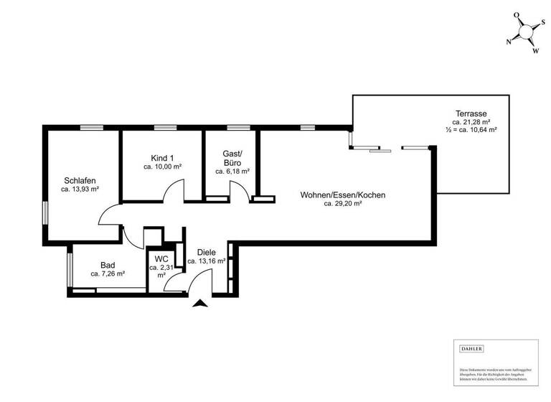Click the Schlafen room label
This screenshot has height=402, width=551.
80,180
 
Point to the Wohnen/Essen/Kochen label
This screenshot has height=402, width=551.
343,195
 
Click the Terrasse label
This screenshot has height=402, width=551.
471,113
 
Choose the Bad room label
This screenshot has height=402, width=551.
108,265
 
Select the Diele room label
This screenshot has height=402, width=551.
207,252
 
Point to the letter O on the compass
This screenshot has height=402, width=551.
515,14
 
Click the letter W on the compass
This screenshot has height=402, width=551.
535,51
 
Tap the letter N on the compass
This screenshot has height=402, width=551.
509,42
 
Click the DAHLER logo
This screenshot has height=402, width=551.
471,349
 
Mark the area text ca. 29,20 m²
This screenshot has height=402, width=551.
343,204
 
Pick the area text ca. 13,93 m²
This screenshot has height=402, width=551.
80,190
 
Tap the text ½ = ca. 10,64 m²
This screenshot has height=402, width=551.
471,131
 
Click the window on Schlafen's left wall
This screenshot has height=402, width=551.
46,215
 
